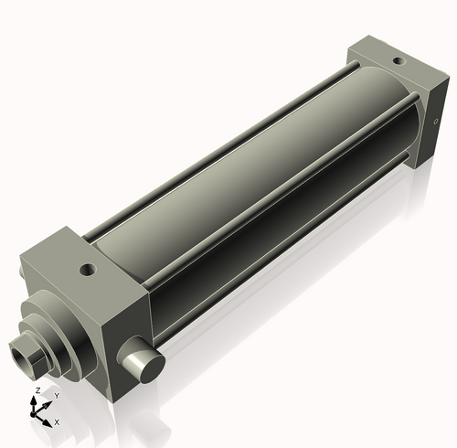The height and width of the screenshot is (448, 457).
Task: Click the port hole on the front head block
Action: point(87,270)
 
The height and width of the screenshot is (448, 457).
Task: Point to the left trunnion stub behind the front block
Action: point(22,273)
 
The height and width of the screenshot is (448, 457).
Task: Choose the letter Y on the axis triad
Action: point(57,396)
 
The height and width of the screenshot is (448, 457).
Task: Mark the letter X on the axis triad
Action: point(58,422)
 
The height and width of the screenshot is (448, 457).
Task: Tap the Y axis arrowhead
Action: point(48,403)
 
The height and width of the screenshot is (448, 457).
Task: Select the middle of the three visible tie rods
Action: point(274,209)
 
